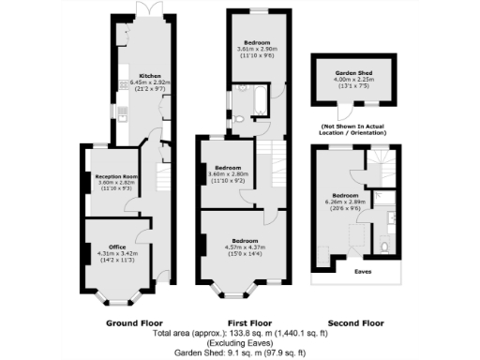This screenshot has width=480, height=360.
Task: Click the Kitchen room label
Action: (150, 76)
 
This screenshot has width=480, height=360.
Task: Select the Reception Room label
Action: (118, 175)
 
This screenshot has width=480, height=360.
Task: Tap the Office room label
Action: (118, 246)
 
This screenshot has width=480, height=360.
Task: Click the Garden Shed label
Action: (354, 71)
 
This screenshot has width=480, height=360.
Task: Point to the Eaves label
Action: (362, 273)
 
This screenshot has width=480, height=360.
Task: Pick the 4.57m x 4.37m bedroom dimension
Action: (247, 246)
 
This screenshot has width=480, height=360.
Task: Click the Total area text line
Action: (243, 332)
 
